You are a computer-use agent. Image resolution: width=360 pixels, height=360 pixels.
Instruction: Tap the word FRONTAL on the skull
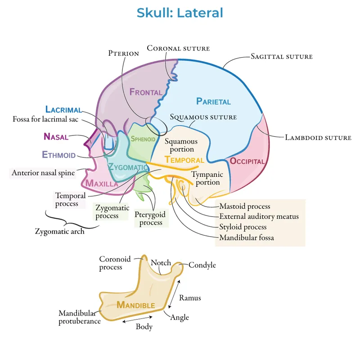pos(146,92)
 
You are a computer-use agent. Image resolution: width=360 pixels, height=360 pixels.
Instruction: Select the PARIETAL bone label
pos(213,101)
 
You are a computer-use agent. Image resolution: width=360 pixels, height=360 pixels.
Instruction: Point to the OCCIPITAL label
pos(247,161)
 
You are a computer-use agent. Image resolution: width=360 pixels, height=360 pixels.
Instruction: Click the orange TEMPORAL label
pos(184,160)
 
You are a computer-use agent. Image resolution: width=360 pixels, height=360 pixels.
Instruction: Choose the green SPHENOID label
pos(143,139)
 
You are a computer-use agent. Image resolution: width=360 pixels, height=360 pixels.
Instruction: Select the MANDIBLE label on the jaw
pos(136,305)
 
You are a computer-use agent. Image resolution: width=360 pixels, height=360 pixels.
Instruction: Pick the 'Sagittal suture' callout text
pos(281,57)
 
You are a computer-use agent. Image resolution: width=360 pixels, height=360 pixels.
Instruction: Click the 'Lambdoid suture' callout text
pos(318,137)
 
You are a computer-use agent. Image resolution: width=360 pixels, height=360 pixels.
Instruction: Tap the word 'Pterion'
pos(124,53)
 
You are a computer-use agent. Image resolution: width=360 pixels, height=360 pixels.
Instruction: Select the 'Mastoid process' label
pos(245,206)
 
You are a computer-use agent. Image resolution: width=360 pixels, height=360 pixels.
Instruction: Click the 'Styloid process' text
pos(243,227)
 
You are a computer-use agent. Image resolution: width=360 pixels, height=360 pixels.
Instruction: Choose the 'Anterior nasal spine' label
pos(43,172)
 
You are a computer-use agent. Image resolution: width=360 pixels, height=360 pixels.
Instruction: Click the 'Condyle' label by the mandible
pos(202,265)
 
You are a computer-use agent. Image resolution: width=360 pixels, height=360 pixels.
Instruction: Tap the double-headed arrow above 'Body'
pos(138,320)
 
